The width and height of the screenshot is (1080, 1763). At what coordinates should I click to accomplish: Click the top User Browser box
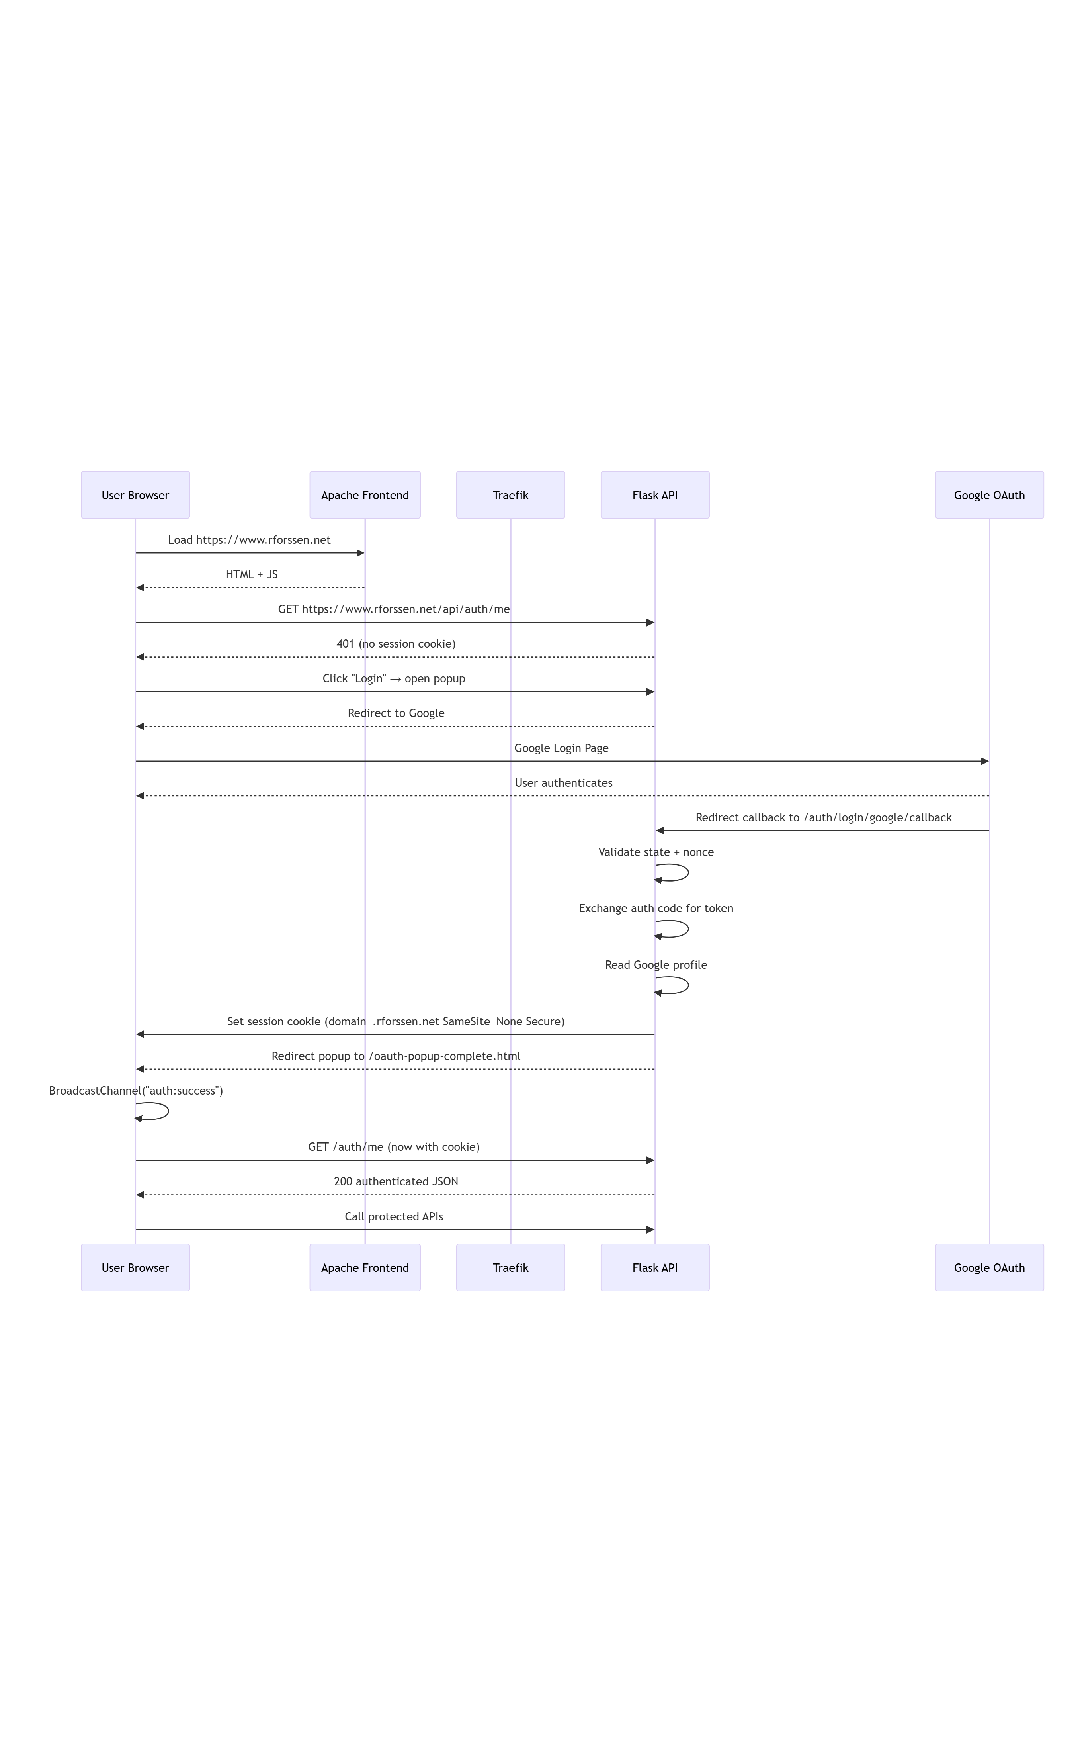(135, 494)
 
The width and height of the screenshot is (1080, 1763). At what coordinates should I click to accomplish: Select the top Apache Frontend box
(365, 494)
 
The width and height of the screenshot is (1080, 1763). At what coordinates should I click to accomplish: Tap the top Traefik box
(510, 494)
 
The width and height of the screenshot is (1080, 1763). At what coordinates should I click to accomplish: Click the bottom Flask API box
(654, 1267)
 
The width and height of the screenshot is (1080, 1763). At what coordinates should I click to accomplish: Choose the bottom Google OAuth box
(988, 1267)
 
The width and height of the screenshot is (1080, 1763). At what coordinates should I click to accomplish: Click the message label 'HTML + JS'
(251, 574)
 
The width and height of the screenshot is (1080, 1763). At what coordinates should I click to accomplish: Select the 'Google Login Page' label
(561, 748)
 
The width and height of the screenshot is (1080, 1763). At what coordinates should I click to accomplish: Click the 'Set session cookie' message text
(396, 1021)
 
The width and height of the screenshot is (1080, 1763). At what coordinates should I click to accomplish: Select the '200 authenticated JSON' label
(396, 1181)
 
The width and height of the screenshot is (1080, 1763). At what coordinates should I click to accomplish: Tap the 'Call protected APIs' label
(393, 1216)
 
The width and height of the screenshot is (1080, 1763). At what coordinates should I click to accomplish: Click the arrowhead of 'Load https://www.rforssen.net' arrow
(361, 553)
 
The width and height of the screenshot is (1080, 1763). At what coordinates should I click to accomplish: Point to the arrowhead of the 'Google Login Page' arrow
(984, 761)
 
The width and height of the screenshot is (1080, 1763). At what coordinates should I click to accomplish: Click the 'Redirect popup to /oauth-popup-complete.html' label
(396, 1056)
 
